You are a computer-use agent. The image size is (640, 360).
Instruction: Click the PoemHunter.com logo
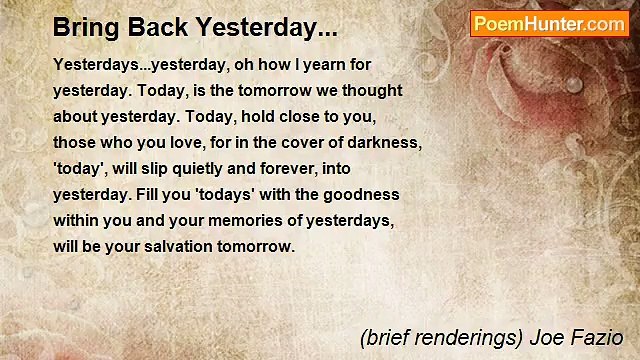[x=549, y=24]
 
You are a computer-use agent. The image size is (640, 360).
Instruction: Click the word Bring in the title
[x=81, y=27]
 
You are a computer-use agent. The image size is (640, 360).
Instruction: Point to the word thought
[x=373, y=90]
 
